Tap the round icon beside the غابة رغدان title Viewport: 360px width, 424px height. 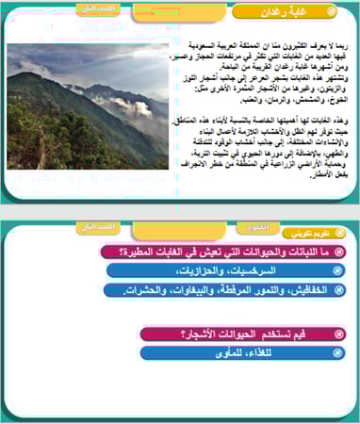click(331, 12)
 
